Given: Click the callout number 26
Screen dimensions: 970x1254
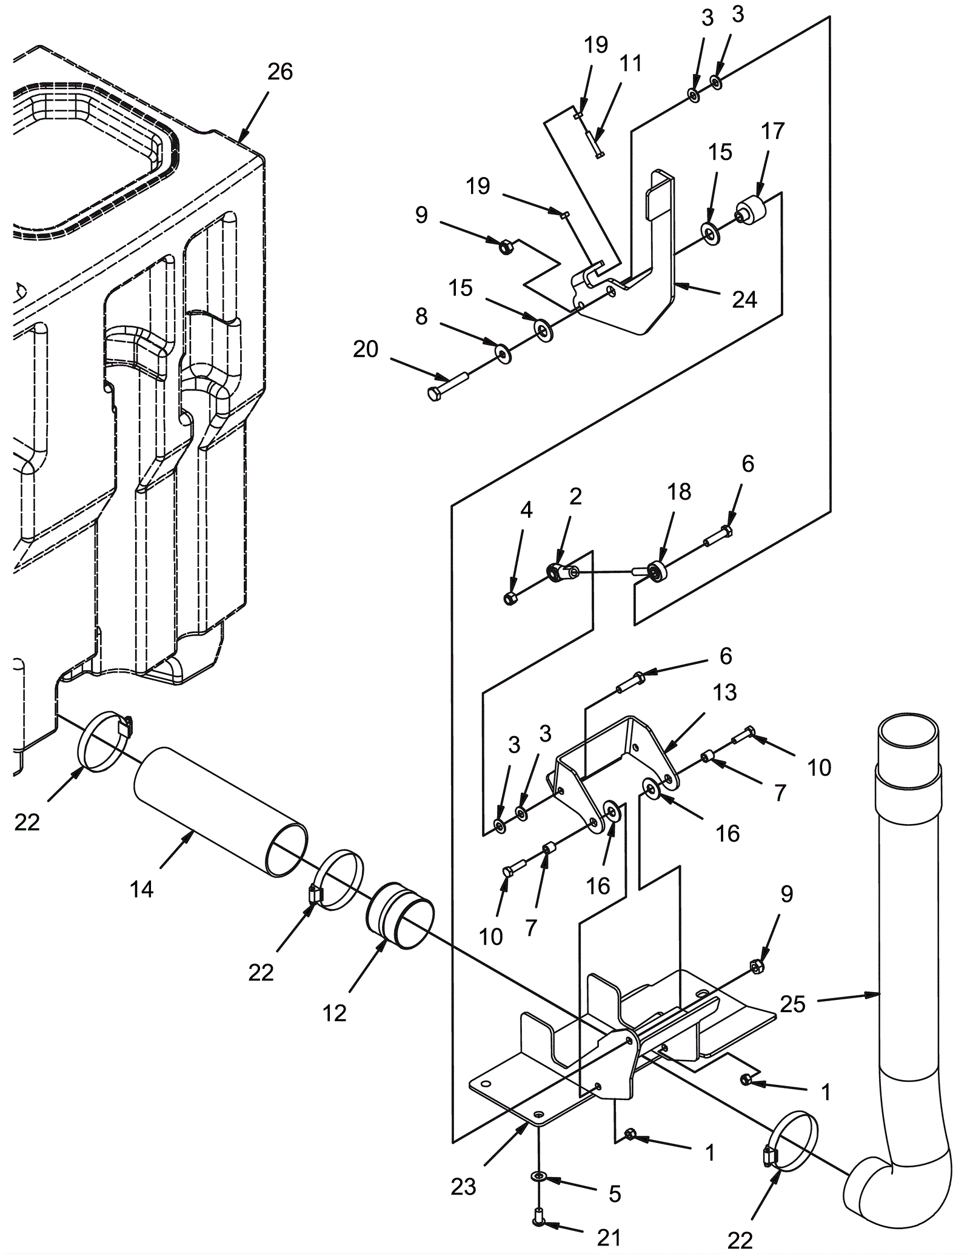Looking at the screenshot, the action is tap(280, 72).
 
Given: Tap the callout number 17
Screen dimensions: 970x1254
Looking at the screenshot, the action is tap(773, 131).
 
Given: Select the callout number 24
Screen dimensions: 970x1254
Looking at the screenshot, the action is tap(744, 300).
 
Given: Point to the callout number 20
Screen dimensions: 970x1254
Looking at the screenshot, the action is tap(366, 349).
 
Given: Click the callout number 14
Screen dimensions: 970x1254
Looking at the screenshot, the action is tap(142, 890).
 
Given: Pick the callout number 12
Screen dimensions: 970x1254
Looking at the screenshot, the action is tap(334, 1013).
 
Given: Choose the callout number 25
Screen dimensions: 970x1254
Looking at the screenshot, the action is tap(792, 1004).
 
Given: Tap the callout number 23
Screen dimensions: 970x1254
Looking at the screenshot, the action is tap(464, 1187).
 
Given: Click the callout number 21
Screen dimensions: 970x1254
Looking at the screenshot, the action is tap(609, 1238).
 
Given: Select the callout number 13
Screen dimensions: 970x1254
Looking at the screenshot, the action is tap(725, 692).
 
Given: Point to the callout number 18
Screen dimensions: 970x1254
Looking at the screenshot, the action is tap(679, 492).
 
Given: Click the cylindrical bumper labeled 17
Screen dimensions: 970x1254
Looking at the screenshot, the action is tap(751, 212).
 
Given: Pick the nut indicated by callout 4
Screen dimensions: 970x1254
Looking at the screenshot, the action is tap(510, 599).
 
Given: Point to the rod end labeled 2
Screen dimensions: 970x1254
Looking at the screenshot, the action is tap(561, 571).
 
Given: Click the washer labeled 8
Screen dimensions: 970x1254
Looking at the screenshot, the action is tap(503, 352).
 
